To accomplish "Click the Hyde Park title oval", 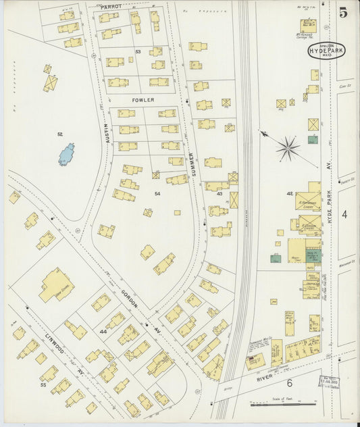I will pyautogui.click(x=327, y=51).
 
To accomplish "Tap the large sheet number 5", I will pyautogui.click(x=344, y=11).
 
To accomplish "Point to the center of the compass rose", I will pyautogui.click(x=288, y=147).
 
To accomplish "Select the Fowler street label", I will pyautogui.click(x=143, y=100).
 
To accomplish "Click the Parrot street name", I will pyautogui.click(x=111, y=6).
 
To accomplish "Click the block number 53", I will pyautogui.click(x=138, y=51).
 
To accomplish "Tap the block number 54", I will pyautogui.click(x=157, y=194).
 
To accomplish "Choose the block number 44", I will pyautogui.click(x=103, y=332).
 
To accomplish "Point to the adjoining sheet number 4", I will pyautogui.click(x=344, y=214).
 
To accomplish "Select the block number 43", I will pyautogui.click(x=220, y=194).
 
